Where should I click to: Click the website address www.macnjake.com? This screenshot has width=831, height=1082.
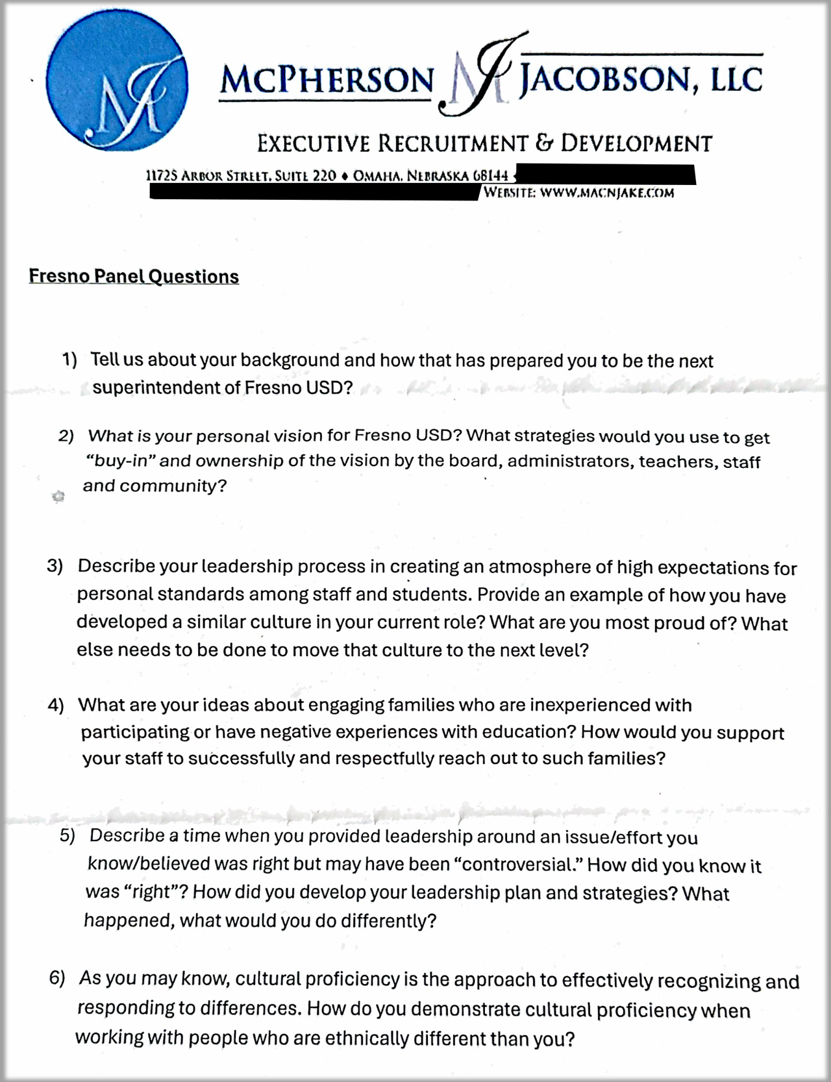click(607, 193)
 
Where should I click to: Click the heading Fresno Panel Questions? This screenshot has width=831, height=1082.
click(134, 277)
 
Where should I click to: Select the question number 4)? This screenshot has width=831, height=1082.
click(56, 706)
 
